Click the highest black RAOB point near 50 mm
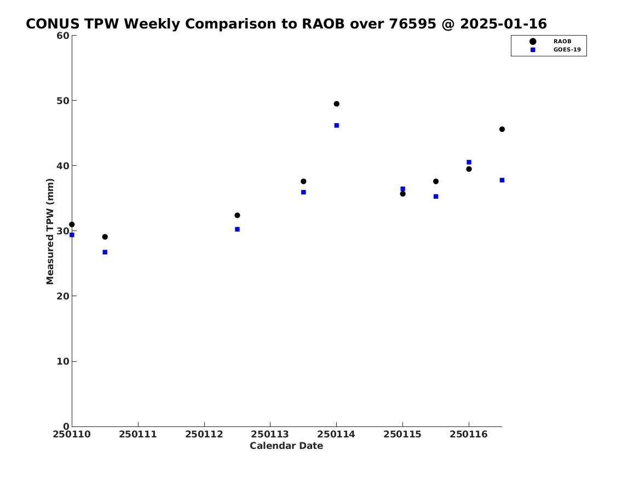point(337,104)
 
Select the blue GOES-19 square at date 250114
point(337,125)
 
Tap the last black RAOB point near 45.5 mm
point(502,129)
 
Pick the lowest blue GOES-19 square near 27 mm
point(105,252)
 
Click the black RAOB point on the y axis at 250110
point(72,224)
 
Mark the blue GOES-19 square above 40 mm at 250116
point(469,162)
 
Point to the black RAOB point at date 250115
point(402,194)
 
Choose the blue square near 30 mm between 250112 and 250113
point(237,229)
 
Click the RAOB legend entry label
point(562,41)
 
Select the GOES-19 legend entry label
point(567,50)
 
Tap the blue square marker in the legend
point(533,50)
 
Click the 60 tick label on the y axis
point(63,36)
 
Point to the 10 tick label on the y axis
point(63,361)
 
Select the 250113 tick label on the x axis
point(270,434)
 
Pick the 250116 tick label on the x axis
point(469,434)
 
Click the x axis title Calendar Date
point(286,446)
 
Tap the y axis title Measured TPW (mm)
point(50,232)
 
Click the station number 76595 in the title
point(412,24)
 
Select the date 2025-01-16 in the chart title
point(503,24)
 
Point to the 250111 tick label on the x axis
point(138,434)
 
